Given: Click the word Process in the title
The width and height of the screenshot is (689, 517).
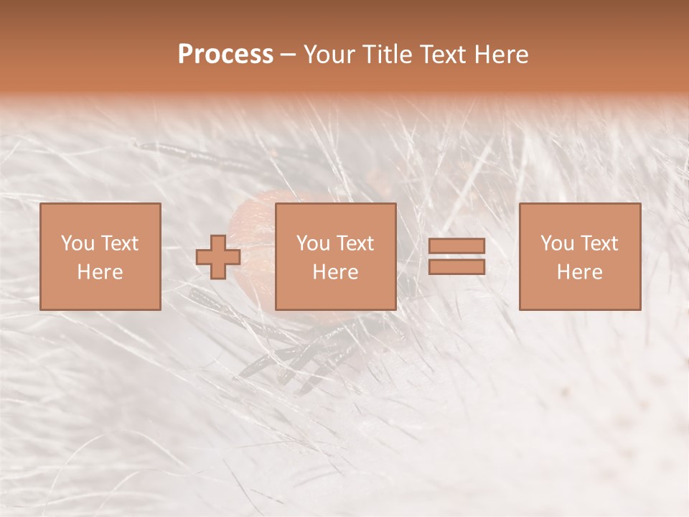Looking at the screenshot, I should pyautogui.click(x=225, y=55).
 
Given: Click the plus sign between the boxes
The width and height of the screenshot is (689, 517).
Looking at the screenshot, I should pyautogui.click(x=218, y=256).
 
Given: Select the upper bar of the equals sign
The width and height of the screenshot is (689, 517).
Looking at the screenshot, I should pyautogui.click(x=456, y=246).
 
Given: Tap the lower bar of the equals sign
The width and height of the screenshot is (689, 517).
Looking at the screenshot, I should pyautogui.click(x=456, y=266).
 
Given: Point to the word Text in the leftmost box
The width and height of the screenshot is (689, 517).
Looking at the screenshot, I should pyautogui.click(x=119, y=243).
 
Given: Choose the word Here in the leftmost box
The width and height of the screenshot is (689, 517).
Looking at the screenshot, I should pyautogui.click(x=100, y=272).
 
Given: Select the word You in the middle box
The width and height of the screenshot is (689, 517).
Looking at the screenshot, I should pyautogui.click(x=313, y=243).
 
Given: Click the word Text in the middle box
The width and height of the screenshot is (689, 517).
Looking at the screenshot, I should pyautogui.click(x=355, y=243).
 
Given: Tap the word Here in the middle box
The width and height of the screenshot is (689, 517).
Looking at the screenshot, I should pyautogui.click(x=335, y=272).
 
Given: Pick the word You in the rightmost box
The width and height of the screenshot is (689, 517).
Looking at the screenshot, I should pyautogui.click(x=557, y=243).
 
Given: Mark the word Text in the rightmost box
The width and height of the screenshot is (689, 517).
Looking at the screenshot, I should pyautogui.click(x=599, y=243).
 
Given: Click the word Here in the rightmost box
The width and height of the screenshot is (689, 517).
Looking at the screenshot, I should pyautogui.click(x=579, y=272).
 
